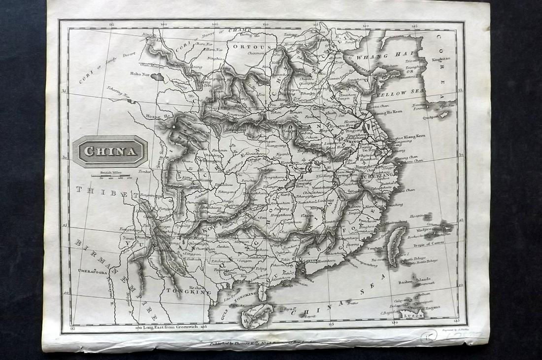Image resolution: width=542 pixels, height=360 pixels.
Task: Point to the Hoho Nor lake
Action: [x=157, y=77]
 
